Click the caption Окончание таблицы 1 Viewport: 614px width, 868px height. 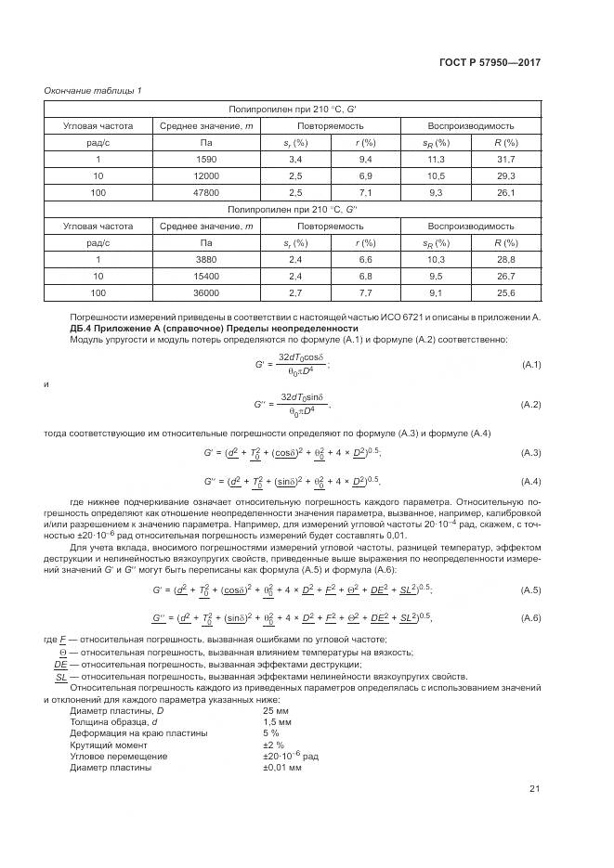tap(93, 90)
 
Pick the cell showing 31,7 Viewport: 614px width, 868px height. tap(505, 160)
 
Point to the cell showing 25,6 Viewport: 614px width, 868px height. tap(505, 292)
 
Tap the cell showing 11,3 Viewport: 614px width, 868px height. tap(437, 160)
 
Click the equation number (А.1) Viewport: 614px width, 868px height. tap(530, 364)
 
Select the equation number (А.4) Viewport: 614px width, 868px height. tap(530, 482)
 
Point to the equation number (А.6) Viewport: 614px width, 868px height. tap(530, 618)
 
